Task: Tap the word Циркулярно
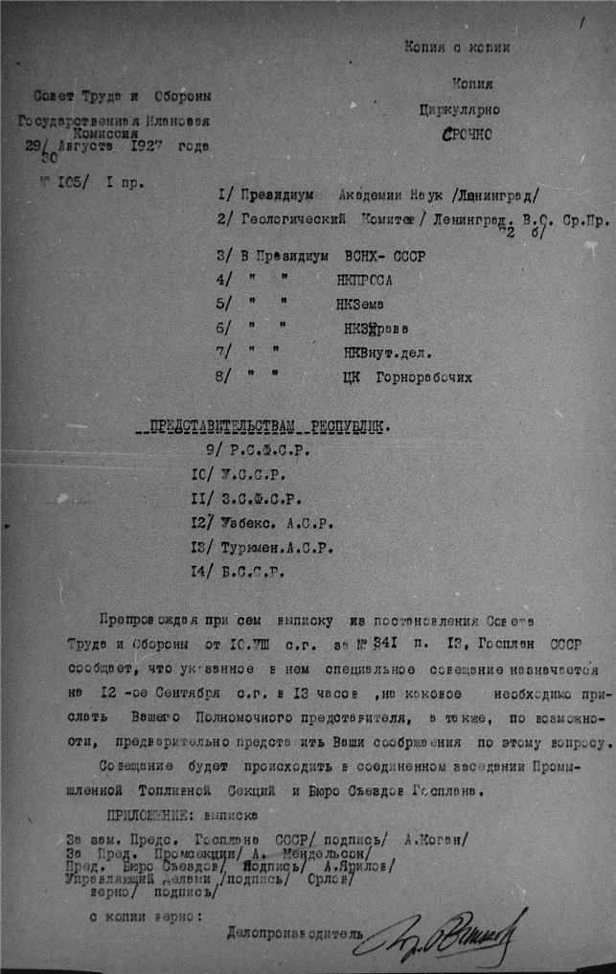pyautogui.click(x=458, y=110)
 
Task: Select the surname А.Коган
pyautogui.click(x=435, y=838)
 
